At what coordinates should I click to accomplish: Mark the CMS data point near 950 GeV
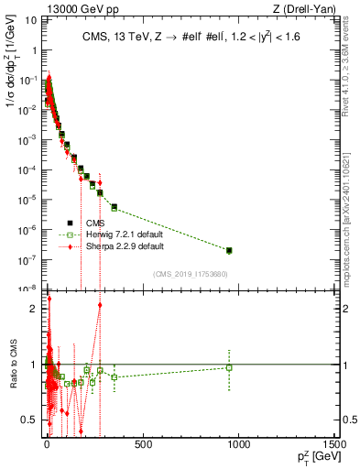coord(229,250)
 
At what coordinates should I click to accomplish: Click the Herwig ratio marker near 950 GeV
coord(229,367)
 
